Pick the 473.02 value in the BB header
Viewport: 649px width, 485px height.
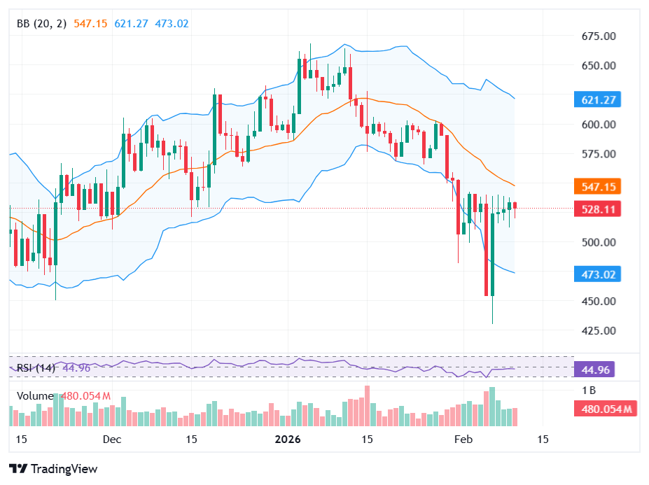pyautogui.click(x=172, y=24)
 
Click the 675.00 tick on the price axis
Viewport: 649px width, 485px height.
pyautogui.click(x=599, y=36)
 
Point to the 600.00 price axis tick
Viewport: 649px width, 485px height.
pyautogui.click(x=599, y=125)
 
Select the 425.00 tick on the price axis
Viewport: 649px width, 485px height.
pyautogui.click(x=599, y=330)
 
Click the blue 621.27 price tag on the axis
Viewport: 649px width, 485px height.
pyautogui.click(x=599, y=100)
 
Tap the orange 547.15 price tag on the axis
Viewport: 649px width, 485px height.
pyautogui.click(x=599, y=187)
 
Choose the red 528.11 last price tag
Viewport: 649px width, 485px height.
pyautogui.click(x=599, y=209)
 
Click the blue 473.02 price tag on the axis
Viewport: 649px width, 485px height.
pyautogui.click(x=599, y=274)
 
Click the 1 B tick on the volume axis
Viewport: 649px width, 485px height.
pyautogui.click(x=589, y=390)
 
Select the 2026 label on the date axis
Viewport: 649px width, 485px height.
pyautogui.click(x=287, y=440)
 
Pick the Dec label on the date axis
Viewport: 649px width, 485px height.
pyautogui.click(x=111, y=440)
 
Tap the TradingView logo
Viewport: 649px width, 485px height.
pyautogui.click(x=53, y=469)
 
